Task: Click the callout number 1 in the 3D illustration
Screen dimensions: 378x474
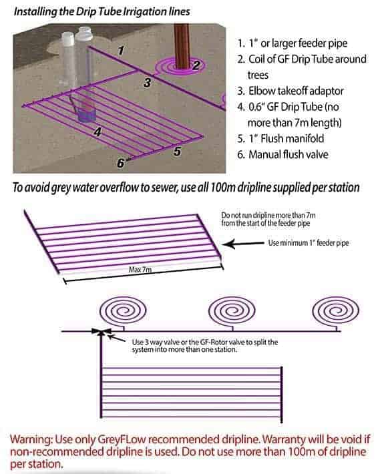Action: pos(121,50)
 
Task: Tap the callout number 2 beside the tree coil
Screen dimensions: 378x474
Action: pos(196,65)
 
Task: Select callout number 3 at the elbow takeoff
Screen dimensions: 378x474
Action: pos(148,82)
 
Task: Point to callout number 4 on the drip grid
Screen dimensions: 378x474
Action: pos(98,132)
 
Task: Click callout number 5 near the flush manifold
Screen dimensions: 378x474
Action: pos(178,151)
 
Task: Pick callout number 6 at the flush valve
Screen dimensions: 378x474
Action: pos(121,164)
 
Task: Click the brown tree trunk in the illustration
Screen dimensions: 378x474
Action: pos(182,46)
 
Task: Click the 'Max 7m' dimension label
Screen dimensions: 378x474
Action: pos(140,269)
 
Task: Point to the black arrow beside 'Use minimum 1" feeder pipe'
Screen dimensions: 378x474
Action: pos(244,244)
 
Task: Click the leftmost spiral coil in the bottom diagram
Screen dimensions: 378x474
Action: pos(123,311)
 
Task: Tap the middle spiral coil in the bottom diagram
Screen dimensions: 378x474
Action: pos(232,311)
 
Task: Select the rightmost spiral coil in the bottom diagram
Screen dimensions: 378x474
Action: pos(336,311)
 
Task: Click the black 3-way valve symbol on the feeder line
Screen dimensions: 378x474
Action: pos(101,332)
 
